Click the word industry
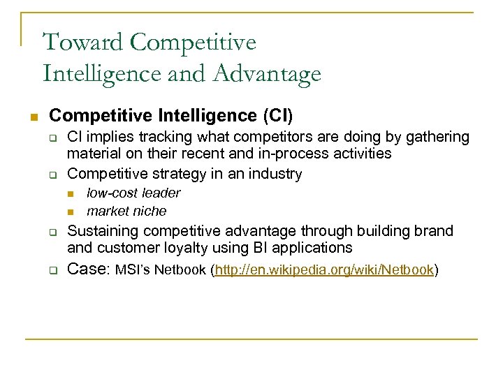tap(277, 173)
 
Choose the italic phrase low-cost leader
tap(133, 193)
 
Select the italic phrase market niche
tap(126, 211)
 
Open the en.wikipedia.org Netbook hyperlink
tap(325, 269)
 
